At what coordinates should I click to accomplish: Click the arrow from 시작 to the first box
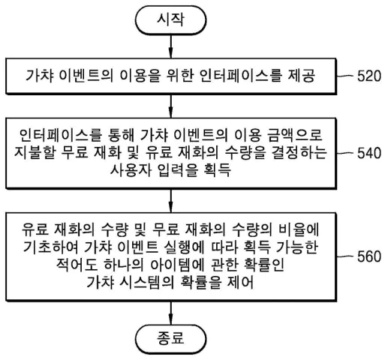click(x=172, y=48)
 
